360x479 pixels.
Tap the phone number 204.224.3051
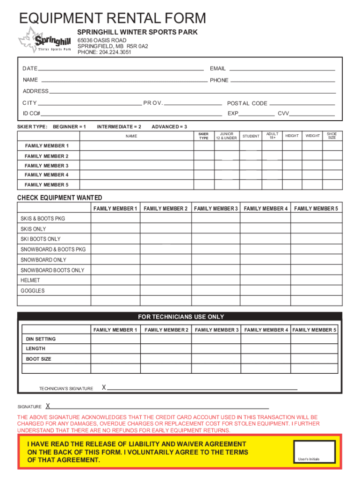(115, 52)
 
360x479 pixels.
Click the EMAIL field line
(283, 69)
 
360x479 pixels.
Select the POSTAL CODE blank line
(302, 104)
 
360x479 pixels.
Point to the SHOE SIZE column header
(331, 136)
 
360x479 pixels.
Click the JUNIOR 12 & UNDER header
(226, 136)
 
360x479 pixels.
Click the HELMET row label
(30, 280)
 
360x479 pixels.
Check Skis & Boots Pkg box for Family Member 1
(115, 218)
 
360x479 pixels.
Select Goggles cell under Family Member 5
(316, 290)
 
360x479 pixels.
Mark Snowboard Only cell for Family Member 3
(216, 260)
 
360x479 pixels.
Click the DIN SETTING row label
(41, 339)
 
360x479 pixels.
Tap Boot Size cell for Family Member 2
(166, 359)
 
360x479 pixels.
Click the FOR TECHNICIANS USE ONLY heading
(181, 317)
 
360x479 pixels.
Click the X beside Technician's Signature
(104, 387)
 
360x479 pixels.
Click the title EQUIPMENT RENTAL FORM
(112, 18)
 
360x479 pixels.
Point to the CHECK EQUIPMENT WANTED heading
(60, 198)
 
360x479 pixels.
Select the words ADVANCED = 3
(169, 127)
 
